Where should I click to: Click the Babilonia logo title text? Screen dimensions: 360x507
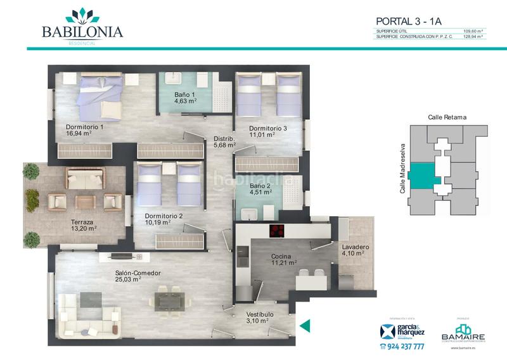tap(82, 31)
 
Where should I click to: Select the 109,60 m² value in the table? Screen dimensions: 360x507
tap(473, 31)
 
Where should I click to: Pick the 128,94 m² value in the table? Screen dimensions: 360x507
tap(473, 37)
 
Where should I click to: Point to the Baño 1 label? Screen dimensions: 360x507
tap(185, 97)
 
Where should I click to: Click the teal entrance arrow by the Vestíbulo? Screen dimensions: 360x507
tap(305, 326)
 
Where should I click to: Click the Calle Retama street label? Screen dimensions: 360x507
tap(447, 117)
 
